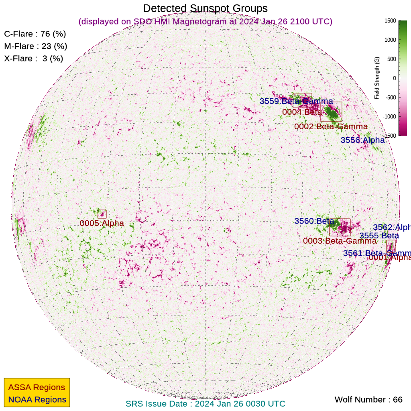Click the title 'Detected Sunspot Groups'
click(205, 8)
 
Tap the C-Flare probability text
click(35, 34)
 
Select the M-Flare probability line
click(35, 46)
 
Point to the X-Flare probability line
click(34, 59)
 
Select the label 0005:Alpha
click(102, 223)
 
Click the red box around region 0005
click(102, 214)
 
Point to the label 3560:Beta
click(314, 221)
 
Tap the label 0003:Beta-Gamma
click(340, 241)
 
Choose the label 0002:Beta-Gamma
click(331, 127)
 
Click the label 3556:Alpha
click(362, 140)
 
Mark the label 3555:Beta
click(379, 236)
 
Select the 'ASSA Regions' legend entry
click(37, 387)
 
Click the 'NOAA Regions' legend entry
click(37, 400)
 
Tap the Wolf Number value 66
click(397, 400)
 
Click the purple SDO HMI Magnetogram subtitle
click(205, 21)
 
